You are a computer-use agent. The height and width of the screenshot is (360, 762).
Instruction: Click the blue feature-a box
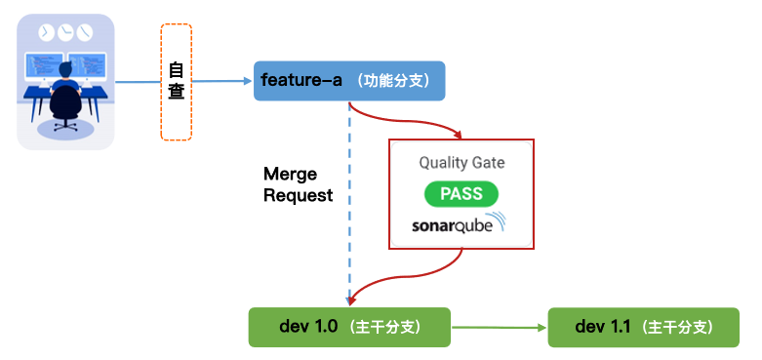point(349,80)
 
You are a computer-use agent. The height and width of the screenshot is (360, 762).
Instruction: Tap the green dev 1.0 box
point(349,326)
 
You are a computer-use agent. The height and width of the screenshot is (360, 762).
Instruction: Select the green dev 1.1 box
point(643,326)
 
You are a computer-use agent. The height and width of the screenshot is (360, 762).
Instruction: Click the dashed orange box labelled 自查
point(176,82)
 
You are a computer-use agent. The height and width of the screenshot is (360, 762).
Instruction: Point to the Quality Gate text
point(461,162)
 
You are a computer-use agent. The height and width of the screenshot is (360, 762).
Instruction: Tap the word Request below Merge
point(298,195)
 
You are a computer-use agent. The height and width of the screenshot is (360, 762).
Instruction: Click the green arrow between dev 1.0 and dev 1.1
point(498,327)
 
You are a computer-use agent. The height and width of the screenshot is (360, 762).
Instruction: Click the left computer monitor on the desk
point(43,65)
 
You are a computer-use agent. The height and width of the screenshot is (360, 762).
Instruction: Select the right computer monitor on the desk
point(90,65)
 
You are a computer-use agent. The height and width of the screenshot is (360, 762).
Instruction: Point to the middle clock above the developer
point(65,32)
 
